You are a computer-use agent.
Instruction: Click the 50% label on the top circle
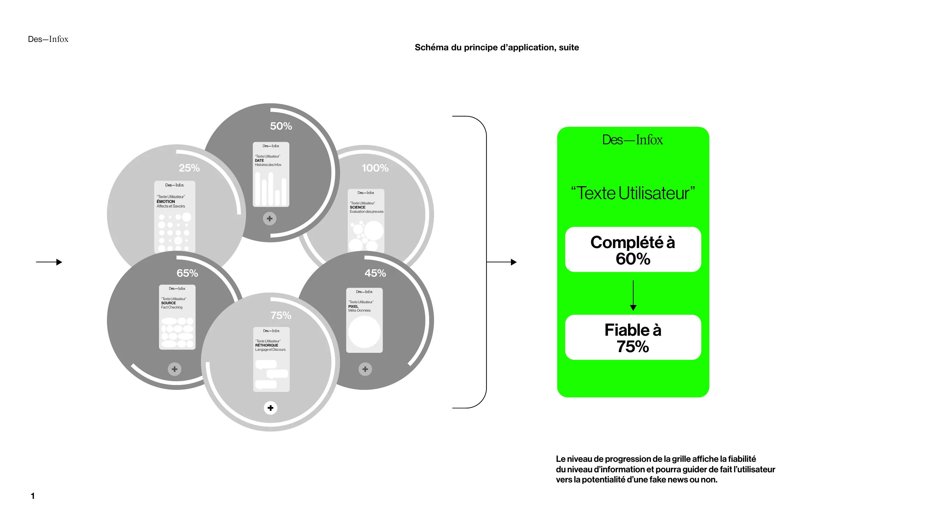281,126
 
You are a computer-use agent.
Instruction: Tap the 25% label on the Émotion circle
189,168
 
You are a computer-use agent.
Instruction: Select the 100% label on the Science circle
375,168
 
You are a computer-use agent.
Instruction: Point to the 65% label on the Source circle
187,273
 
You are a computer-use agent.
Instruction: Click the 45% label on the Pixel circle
375,273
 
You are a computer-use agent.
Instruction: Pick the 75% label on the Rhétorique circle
281,315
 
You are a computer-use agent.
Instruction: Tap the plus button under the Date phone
269,218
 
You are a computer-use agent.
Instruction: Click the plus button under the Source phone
174,369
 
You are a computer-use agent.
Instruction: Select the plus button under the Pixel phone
365,369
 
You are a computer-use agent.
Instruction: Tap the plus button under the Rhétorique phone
270,408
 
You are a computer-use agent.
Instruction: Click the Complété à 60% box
633,249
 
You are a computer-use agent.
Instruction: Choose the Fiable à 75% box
633,337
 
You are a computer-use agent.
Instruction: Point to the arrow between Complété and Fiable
633,295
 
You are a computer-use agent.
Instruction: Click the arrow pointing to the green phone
501,262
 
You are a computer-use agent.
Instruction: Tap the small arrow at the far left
49,262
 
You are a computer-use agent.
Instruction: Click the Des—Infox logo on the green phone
633,140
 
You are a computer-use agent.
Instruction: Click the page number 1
33,496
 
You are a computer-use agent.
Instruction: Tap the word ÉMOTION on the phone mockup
166,202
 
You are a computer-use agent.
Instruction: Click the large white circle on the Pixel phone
364,332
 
